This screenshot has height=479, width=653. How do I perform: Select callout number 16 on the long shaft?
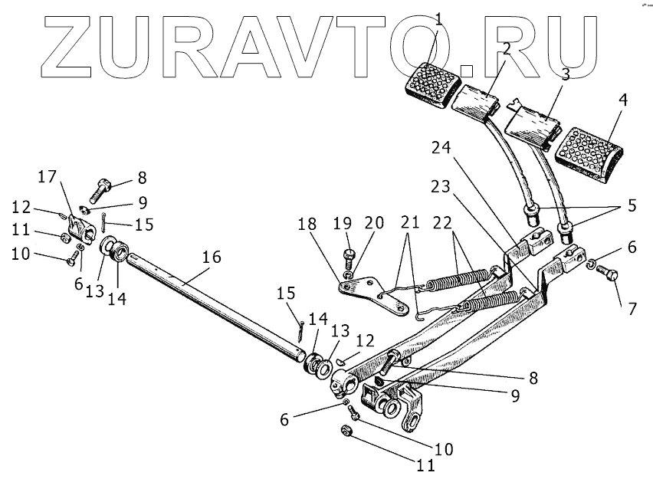pos(210,258)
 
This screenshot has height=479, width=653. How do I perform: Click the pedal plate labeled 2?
pos(477,100)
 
